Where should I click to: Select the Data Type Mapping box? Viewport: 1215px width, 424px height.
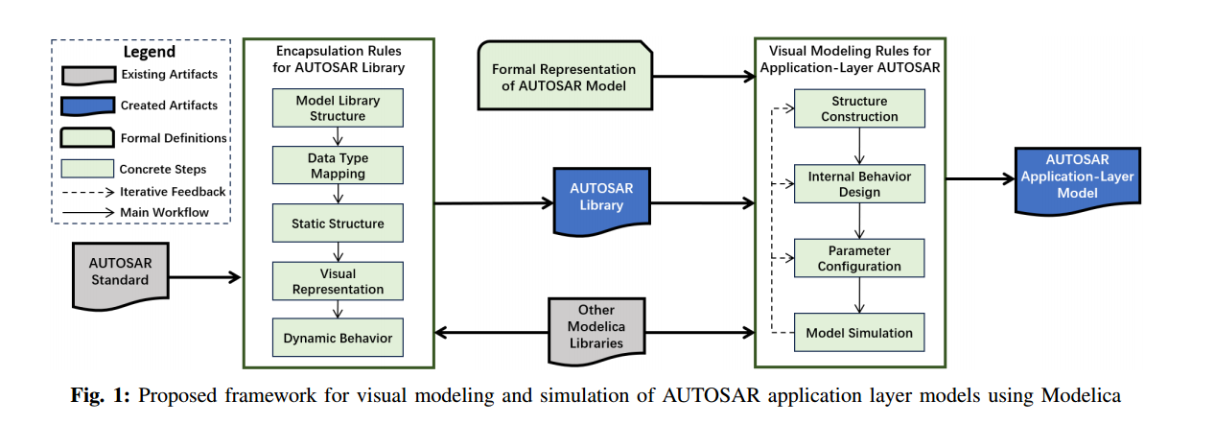[x=338, y=166]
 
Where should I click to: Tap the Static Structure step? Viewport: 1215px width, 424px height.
[x=338, y=224]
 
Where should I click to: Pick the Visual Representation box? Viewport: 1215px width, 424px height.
[x=338, y=281]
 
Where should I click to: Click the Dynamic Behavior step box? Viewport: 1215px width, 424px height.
[x=338, y=338]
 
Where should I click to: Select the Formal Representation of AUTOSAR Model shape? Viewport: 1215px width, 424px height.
[x=563, y=77]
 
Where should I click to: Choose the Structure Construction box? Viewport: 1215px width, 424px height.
[x=859, y=108]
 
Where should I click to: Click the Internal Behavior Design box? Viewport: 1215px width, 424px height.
[x=859, y=184]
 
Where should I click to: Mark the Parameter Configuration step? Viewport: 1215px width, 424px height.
[x=859, y=259]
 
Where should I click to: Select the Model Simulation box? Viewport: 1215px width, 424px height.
[x=859, y=333]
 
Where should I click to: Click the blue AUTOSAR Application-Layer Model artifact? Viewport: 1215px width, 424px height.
[x=1079, y=177]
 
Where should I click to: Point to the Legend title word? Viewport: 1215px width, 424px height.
[x=149, y=52]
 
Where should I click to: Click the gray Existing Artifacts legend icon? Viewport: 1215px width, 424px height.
[x=87, y=76]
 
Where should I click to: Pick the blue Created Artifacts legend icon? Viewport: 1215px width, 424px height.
[x=87, y=106]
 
